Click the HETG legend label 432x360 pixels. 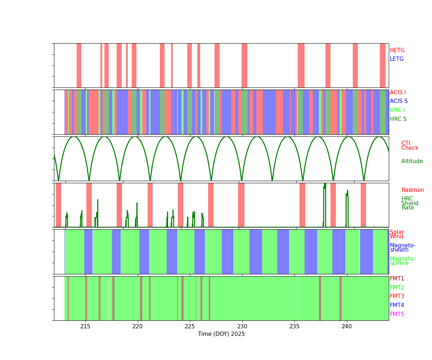(x=397, y=50)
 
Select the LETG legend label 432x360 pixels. (x=396, y=59)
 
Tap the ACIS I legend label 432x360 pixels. (x=397, y=93)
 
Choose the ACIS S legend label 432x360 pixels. (x=399, y=101)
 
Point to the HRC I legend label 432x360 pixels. (x=397, y=110)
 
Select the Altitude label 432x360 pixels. (x=412, y=161)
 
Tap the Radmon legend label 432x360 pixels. (x=413, y=190)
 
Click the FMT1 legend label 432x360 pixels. (x=397, y=279)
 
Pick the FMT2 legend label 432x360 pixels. (x=397, y=288)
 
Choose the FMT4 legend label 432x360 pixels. (x=397, y=305)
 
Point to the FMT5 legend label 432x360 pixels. (x=397, y=314)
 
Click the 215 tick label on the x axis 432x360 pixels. (x=85, y=326)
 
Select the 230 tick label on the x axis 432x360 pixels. (x=242, y=326)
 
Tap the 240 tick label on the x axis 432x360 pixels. (x=347, y=326)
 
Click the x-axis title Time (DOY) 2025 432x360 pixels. (x=221, y=334)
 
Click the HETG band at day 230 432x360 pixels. (x=244, y=65)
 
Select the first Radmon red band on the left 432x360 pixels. (x=58, y=205)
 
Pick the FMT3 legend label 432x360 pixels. (x=397, y=296)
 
